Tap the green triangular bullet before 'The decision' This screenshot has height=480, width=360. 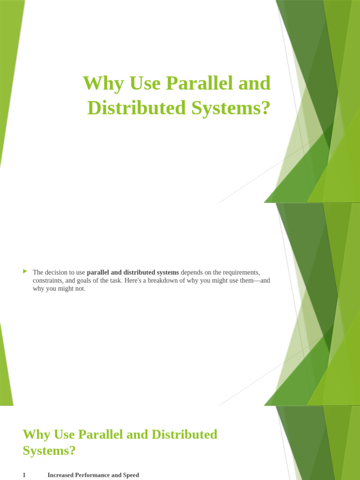coord(25,271)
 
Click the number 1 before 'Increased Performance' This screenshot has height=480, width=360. coord(24,475)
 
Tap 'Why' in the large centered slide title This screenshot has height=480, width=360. coord(99,84)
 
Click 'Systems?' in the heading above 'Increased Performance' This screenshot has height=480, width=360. coord(49,450)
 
